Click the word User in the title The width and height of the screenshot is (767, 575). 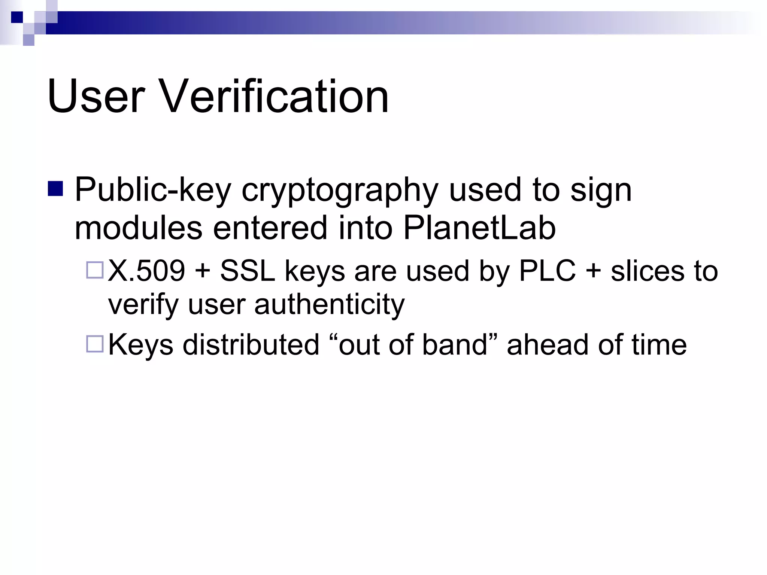point(96,97)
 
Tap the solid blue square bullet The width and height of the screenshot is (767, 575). point(55,189)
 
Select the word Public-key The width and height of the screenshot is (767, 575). point(153,190)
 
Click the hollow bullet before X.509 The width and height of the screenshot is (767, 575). point(95,270)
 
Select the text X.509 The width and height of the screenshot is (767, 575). point(146,271)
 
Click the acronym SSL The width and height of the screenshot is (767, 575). point(248,271)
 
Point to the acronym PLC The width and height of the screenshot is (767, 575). point(547,271)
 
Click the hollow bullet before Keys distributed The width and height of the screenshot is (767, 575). point(95,344)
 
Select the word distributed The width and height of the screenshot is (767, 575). point(251,345)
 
